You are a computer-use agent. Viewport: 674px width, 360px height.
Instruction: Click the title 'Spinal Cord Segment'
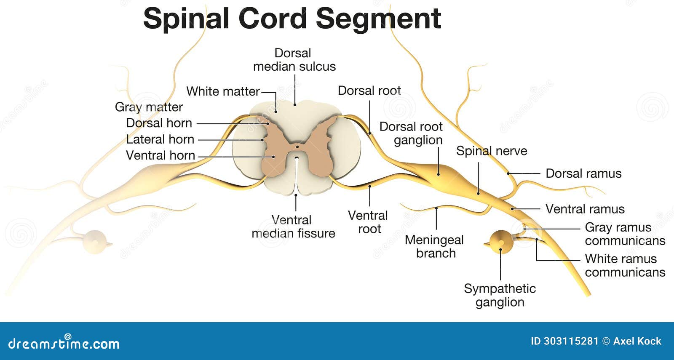[x=292, y=19]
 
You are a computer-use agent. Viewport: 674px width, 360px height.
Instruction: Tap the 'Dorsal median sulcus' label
[x=294, y=60]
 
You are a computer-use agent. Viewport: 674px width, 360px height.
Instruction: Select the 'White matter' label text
[x=223, y=91]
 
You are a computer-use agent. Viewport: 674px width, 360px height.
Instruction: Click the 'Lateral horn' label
[x=160, y=139]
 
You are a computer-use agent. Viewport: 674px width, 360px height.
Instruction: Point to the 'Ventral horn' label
[x=160, y=155]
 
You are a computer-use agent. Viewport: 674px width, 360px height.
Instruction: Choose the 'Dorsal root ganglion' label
[x=411, y=133]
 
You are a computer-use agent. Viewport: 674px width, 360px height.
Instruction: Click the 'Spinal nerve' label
[x=491, y=151]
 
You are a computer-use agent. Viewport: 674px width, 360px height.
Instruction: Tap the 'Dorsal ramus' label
[x=583, y=173]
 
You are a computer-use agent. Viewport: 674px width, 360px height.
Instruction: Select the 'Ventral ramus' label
[x=585, y=209]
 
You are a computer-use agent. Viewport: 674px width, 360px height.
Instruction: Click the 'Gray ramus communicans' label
[x=625, y=234]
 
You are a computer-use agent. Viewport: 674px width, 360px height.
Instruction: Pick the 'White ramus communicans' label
[x=625, y=265]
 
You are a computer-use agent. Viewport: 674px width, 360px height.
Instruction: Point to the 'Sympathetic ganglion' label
[x=500, y=295]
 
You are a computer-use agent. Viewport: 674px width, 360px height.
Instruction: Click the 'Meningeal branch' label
[x=434, y=246]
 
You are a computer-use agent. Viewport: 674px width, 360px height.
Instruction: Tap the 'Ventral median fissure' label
[x=293, y=227]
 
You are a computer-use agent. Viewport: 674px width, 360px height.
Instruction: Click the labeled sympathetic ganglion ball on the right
[x=501, y=242]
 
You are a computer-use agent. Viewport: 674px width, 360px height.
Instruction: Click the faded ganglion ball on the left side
[x=94, y=242]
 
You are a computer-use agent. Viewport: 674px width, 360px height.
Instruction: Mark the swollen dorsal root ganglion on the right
[x=438, y=174]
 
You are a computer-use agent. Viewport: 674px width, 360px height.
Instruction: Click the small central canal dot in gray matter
[x=297, y=147]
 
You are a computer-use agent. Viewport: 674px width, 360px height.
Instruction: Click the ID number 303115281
[x=570, y=341]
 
